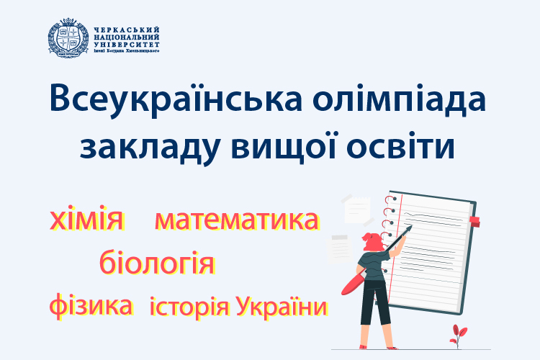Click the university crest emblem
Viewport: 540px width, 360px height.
click(68, 39)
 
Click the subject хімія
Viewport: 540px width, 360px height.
click(86, 219)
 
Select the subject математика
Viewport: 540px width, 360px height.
click(236, 220)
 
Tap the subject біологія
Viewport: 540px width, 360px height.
click(157, 262)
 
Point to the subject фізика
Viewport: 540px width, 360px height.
click(91, 305)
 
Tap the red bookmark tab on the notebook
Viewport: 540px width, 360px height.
click(474, 220)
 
